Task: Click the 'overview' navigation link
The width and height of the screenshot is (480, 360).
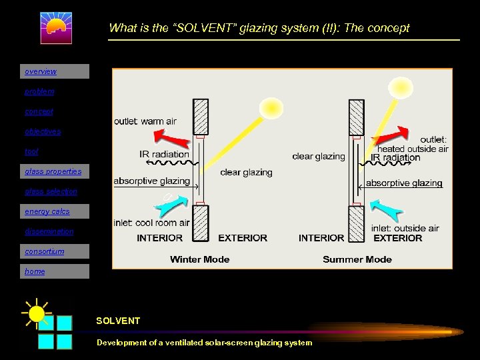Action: tap(41, 71)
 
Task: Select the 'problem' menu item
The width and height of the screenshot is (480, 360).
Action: tap(39, 91)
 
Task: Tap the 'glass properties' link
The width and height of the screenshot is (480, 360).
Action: tap(53, 171)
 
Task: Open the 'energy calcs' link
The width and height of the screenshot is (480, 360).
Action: tap(47, 211)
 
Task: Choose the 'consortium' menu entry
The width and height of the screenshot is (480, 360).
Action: tap(45, 251)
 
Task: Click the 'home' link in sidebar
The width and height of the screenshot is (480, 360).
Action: tap(35, 271)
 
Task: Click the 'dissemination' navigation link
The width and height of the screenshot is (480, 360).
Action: tap(49, 231)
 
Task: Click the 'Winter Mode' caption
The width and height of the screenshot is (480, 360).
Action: tap(199, 259)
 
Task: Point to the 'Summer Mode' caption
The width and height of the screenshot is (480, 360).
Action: tap(357, 259)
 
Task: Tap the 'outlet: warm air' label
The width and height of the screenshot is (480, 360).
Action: tap(145, 121)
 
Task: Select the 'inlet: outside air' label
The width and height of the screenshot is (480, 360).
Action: tap(405, 228)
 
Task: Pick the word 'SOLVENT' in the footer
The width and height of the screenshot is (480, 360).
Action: tap(118, 321)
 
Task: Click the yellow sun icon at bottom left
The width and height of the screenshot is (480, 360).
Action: tap(37, 313)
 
